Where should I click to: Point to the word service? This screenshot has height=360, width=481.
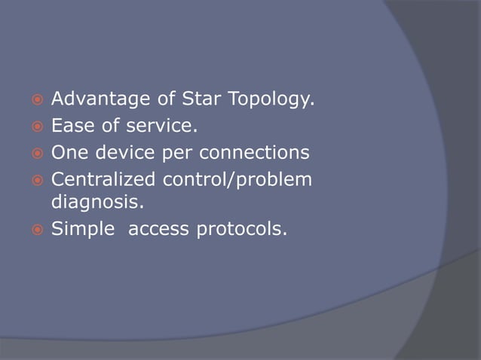[155, 126]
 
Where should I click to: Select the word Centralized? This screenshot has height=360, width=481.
[103, 181]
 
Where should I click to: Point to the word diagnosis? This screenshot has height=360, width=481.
[94, 202]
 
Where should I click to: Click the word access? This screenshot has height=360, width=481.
[160, 229]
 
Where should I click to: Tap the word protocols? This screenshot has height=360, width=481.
[241, 229]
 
